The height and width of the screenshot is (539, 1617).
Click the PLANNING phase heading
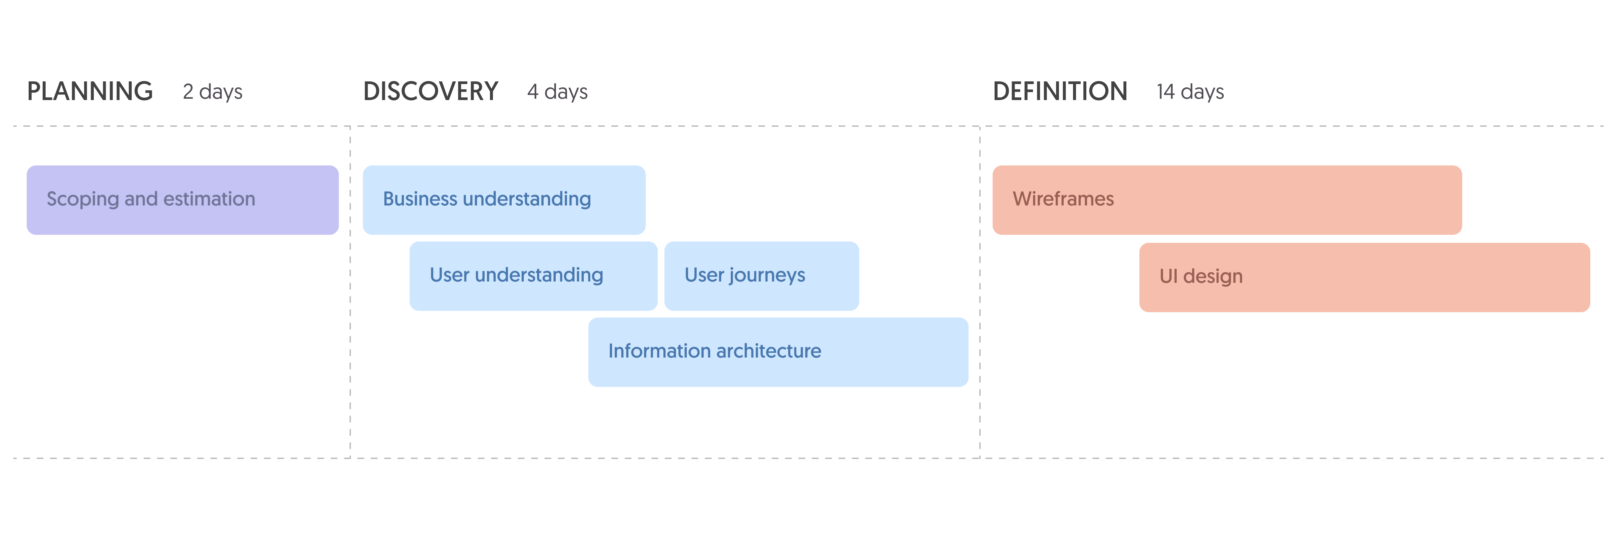[x=90, y=92]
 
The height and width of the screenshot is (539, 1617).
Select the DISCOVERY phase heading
[x=431, y=92]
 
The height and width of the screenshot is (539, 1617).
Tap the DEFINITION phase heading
[x=1060, y=92]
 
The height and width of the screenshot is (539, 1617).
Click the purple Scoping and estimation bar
[x=183, y=200]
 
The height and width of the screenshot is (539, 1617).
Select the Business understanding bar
[x=504, y=200]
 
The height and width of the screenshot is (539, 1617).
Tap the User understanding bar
[x=534, y=276]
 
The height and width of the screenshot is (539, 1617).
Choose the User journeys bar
[x=761, y=276]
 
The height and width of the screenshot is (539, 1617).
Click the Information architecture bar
[x=778, y=352]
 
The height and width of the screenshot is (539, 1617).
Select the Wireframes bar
[x=1227, y=200]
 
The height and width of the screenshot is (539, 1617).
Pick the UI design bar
[x=1365, y=278]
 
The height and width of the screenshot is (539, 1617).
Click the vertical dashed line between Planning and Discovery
[x=350, y=293]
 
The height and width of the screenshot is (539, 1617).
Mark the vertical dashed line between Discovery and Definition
[x=980, y=293]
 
